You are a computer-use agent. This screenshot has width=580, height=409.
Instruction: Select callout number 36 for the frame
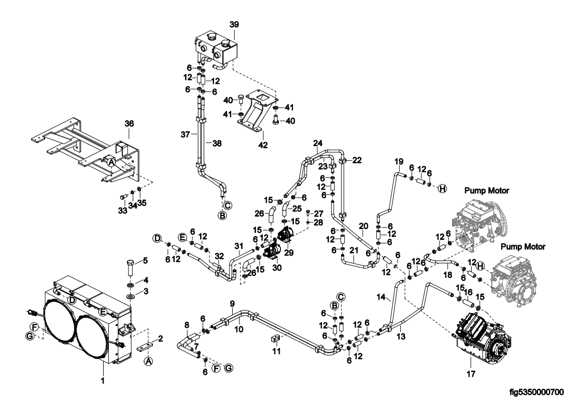129,124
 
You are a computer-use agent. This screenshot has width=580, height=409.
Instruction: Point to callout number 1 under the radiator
103,380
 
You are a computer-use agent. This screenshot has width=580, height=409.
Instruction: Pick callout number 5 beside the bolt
146,260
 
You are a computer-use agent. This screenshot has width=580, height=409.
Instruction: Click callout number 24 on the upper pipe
318,143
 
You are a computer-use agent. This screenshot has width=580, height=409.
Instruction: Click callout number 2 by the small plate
160,339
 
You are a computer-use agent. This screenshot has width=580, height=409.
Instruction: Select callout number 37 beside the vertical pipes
193,134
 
